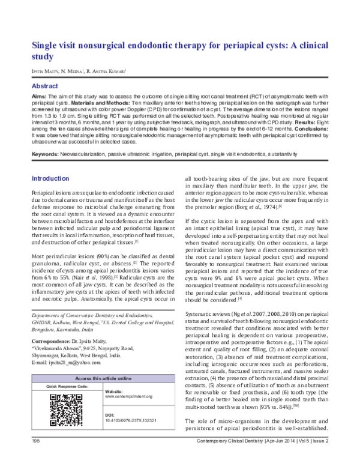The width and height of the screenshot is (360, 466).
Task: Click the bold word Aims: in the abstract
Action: (40, 97)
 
